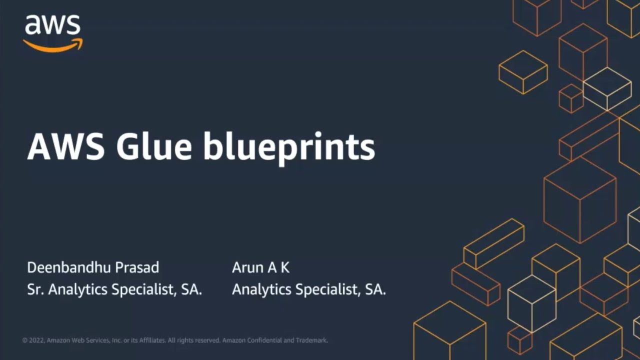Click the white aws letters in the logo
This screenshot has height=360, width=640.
click(x=52, y=25)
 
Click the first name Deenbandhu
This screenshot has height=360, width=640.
click(x=69, y=267)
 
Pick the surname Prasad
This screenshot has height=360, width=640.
click(x=137, y=267)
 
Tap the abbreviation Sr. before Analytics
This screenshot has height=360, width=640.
click(x=34, y=289)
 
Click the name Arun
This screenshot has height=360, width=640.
click(x=247, y=267)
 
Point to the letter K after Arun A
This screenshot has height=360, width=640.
click(x=284, y=267)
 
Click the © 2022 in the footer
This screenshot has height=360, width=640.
click(x=33, y=340)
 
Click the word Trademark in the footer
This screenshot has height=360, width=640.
click(x=312, y=340)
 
